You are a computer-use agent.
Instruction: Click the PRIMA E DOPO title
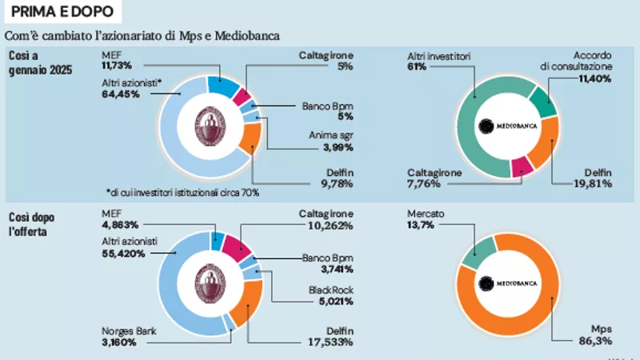(x=62, y=13)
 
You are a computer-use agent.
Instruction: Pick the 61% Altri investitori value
(x=416, y=67)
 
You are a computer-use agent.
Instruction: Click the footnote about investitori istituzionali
(x=182, y=193)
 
